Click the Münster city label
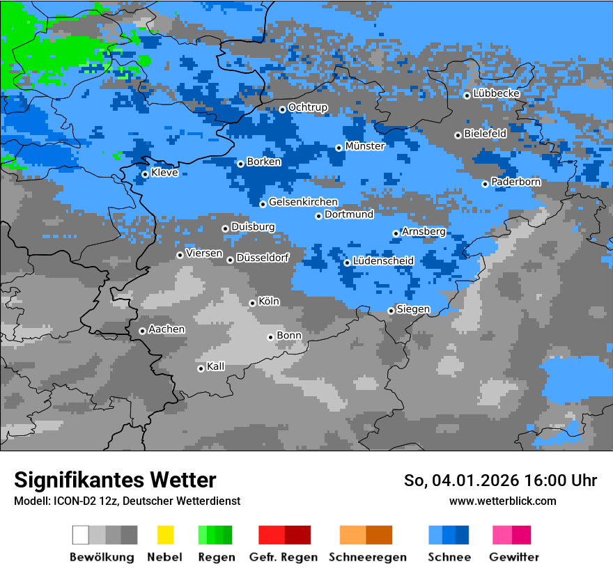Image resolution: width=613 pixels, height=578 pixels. click(364, 146)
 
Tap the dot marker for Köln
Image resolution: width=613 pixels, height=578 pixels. click(252, 303)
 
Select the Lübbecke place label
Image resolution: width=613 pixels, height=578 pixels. click(496, 93)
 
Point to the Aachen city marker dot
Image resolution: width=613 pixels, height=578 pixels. click(142, 331)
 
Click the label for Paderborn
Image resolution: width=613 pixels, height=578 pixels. click(515, 182)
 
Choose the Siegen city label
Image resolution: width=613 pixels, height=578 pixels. click(413, 309)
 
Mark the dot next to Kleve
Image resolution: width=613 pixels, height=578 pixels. click(145, 174)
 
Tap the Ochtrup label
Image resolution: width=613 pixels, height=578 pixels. click(307, 107)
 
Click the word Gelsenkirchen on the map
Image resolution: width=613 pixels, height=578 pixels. click(303, 202)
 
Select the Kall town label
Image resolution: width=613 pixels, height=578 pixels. click(215, 366)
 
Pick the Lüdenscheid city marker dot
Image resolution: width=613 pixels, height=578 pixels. click(347, 263)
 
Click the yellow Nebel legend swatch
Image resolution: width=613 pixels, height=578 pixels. click(165, 535)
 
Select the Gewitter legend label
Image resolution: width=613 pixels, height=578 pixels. click(514, 557)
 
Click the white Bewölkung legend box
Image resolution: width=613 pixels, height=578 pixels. click(81, 535)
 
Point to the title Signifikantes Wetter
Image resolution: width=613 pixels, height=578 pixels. click(115, 480)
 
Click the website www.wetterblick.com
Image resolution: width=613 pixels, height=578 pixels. click(502, 501)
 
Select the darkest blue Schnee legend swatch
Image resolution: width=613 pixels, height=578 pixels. click(463, 535)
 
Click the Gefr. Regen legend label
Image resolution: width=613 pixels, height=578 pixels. click(284, 557)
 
